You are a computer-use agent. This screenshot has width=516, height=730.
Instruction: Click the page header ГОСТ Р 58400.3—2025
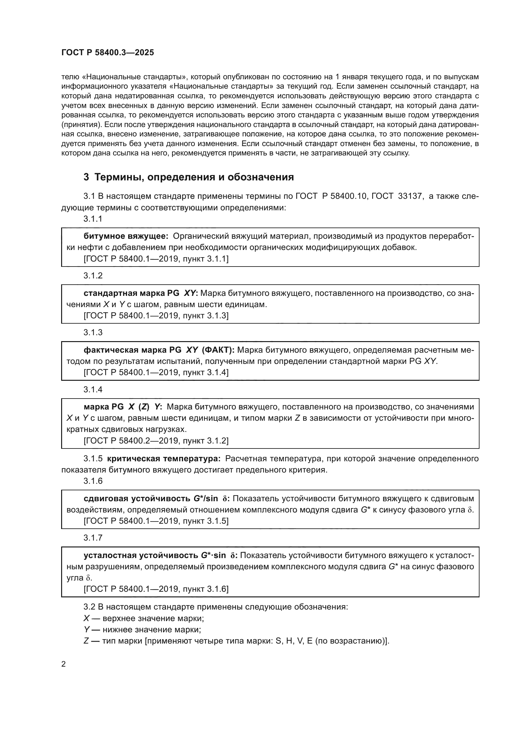click(x=108, y=53)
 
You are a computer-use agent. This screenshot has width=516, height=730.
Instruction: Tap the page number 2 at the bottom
click(x=64, y=664)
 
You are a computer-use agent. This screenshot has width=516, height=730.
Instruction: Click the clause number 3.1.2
click(x=93, y=276)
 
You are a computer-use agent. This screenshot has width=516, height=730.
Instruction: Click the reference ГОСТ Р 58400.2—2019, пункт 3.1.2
click(x=156, y=441)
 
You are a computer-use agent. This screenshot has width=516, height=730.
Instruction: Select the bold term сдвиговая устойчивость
click(x=138, y=498)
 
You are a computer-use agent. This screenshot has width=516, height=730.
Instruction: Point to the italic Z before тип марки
click(x=86, y=641)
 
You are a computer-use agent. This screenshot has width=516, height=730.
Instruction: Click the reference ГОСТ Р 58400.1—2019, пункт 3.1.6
click(x=156, y=589)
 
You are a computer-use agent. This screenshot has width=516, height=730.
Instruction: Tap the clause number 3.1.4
click(x=93, y=389)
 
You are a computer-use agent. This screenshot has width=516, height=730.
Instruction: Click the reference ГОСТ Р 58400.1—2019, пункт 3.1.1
click(x=156, y=259)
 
